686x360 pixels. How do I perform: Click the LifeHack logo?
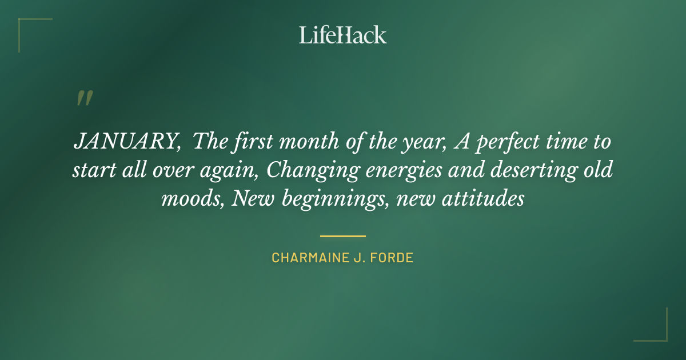[343, 35]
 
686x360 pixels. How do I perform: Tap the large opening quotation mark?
[84, 98]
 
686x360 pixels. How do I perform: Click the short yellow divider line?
[343, 235]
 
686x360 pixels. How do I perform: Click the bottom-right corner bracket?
[657, 331]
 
